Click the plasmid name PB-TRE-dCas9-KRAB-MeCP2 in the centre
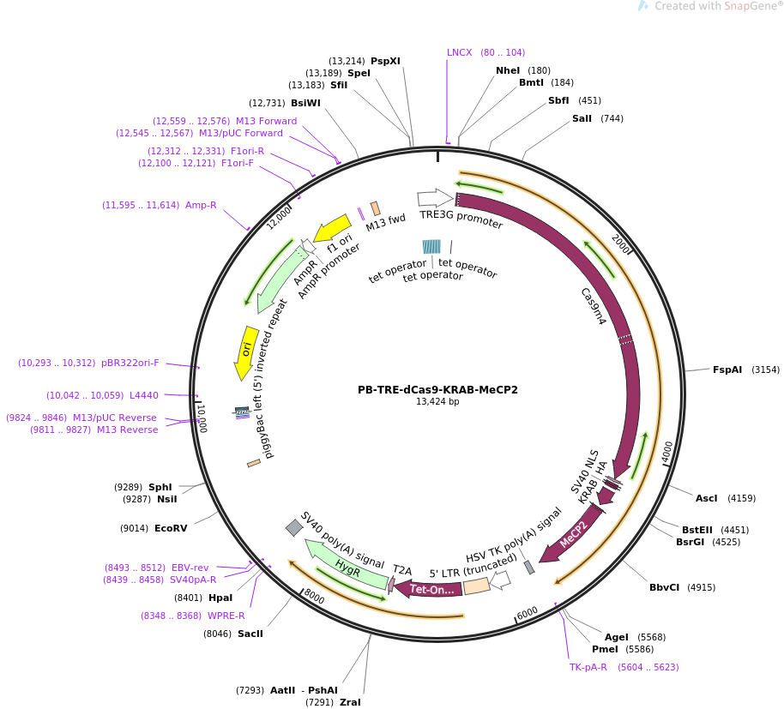437,390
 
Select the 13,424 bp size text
437,402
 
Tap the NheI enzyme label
508,70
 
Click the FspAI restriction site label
727,370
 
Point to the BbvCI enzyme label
664,587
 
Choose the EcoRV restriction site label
171,528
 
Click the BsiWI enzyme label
305,103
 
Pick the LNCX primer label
460,52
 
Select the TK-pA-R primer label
588,667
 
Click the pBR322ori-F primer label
130,363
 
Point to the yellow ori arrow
247,351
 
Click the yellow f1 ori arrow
333,228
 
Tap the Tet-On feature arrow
429,589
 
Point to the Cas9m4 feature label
593,306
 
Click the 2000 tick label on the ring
621,243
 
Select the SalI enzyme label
582,118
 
